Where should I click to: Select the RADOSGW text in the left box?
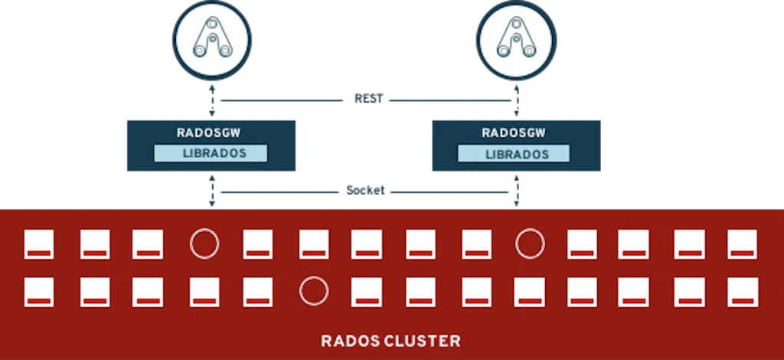tap(211, 133)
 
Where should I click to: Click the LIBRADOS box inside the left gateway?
tap(211, 153)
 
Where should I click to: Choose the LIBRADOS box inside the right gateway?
tap(514, 154)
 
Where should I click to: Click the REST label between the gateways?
tap(371, 100)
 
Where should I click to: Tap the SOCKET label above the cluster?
tap(366, 191)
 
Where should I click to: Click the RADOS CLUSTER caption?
tap(390, 340)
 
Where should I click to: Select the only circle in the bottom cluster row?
tap(313, 291)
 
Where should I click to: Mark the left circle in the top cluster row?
tap(204, 244)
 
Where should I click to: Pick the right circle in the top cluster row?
tap(530, 244)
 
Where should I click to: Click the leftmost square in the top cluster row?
tap(39, 244)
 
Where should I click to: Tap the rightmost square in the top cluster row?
tap(742, 244)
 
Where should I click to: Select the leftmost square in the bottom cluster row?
tap(39, 291)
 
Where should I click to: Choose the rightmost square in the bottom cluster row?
tap(742, 291)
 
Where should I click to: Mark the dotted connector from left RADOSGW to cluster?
tap(211, 192)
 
